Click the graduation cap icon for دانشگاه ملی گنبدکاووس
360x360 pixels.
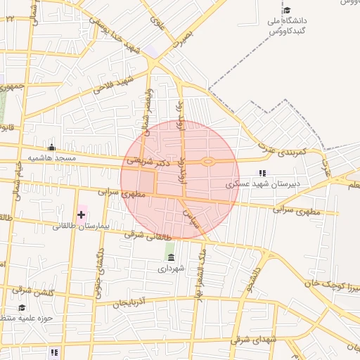[287, 11]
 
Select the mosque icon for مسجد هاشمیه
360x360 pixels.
[51, 148]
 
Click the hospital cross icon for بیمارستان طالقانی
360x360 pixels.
[81, 214]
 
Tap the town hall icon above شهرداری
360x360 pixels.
[170, 257]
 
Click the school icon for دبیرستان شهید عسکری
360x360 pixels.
[263, 173]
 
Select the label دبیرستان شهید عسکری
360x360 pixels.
[262, 185]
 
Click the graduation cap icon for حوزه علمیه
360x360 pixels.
[22, 308]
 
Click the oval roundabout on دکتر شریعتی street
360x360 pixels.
[208, 162]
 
